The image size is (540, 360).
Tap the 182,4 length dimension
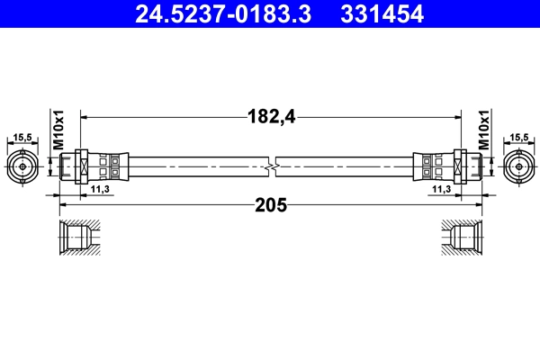(x=272, y=115)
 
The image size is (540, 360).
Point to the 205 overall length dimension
(x=271, y=205)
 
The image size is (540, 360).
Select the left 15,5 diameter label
(x=22, y=138)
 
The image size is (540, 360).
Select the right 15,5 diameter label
(x=518, y=138)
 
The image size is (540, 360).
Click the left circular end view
(x=22, y=166)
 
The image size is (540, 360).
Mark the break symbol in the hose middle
(x=271, y=166)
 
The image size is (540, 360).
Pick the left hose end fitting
(x=94, y=166)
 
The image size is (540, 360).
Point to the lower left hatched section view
(x=80, y=238)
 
